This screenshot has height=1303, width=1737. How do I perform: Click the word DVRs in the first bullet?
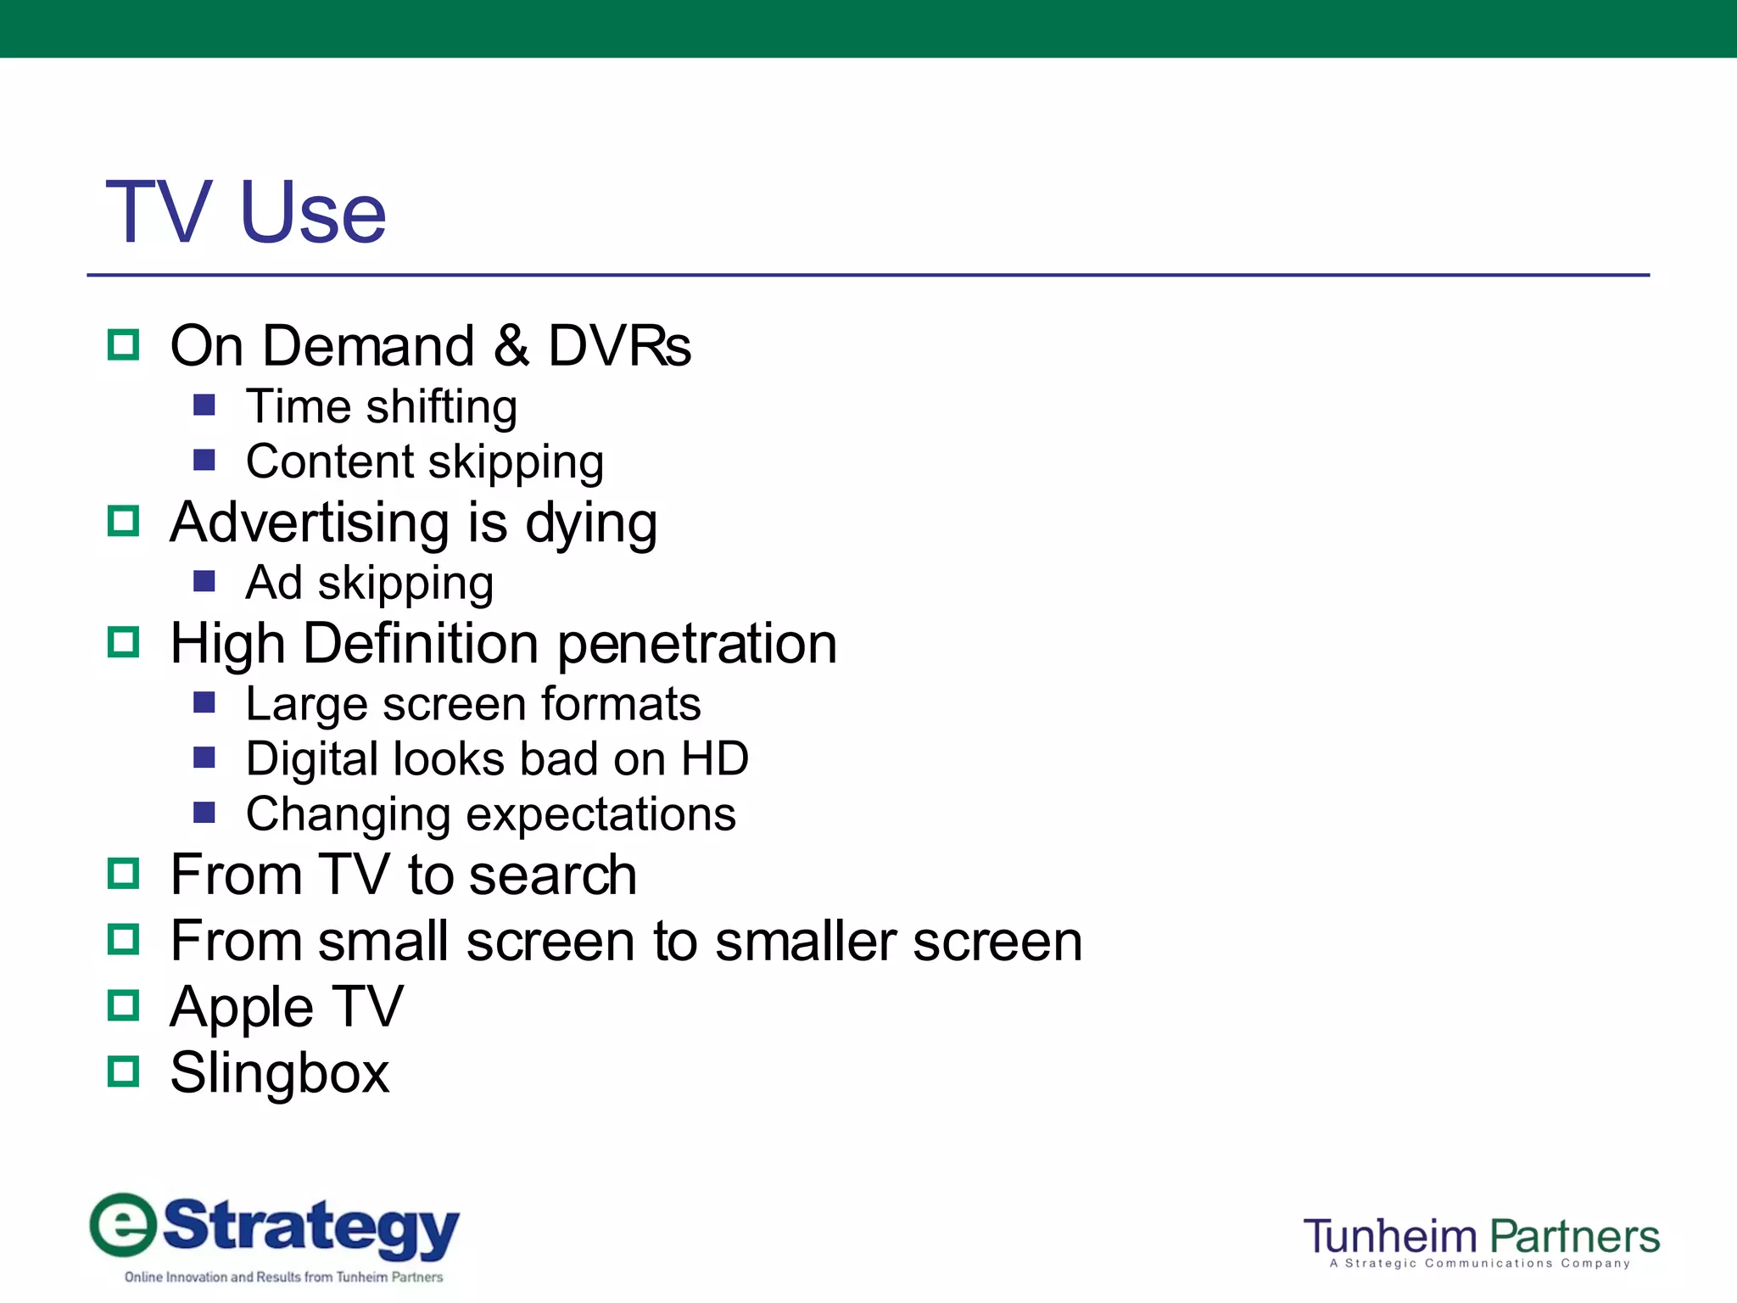click(x=619, y=346)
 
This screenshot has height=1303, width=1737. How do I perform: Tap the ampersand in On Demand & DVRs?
click(x=511, y=346)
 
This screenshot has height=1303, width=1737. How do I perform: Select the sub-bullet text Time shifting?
click(x=382, y=406)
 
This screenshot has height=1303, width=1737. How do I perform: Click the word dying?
click(x=591, y=523)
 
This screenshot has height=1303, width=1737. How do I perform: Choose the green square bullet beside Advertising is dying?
click(x=124, y=521)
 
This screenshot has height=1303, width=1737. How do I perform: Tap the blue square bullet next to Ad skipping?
click(x=204, y=581)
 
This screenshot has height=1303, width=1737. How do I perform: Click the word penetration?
click(x=696, y=644)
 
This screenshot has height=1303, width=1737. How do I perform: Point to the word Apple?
click(x=242, y=1008)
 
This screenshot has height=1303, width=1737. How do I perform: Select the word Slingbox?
click(x=280, y=1073)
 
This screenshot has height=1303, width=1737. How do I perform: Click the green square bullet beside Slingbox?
click(x=124, y=1071)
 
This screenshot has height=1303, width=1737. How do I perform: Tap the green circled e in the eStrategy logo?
click(x=124, y=1224)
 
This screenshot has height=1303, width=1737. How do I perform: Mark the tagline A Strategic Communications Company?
click(x=1480, y=1263)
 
